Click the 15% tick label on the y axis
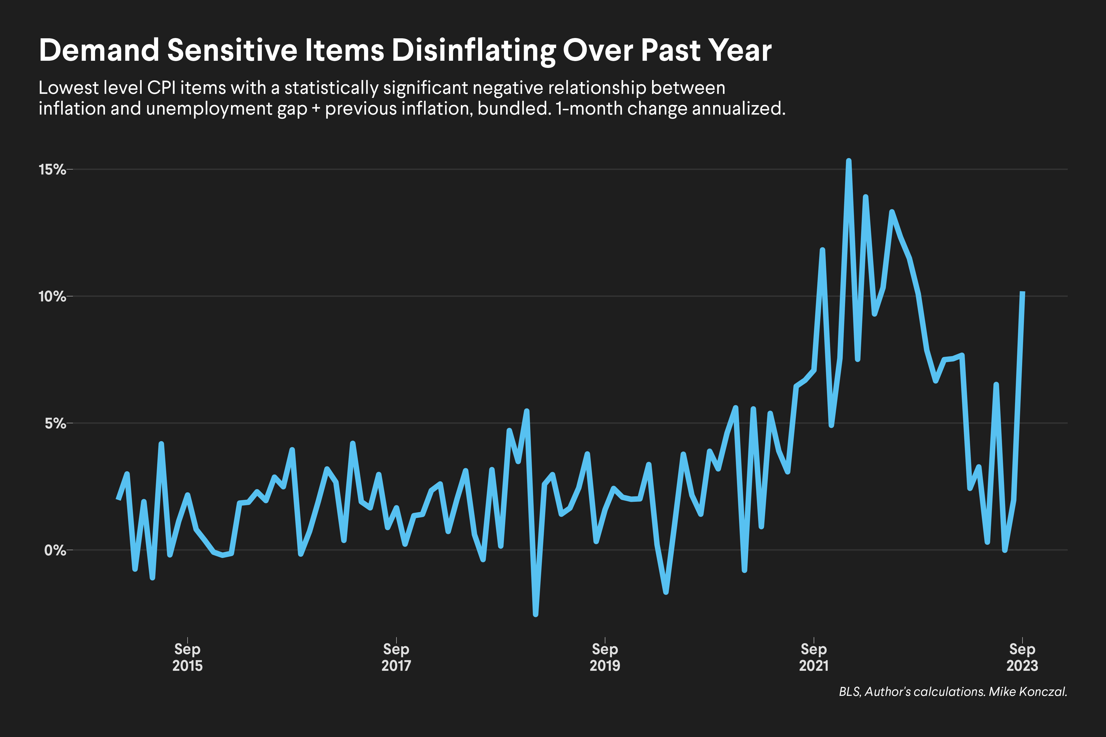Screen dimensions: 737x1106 pos(52,169)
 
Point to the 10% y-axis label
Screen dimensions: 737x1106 pos(52,296)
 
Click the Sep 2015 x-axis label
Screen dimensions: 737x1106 pos(187,657)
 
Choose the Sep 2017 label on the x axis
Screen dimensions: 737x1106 pos(396,657)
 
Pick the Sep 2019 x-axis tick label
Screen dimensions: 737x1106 pos(605,657)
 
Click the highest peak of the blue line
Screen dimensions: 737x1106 pos(849,161)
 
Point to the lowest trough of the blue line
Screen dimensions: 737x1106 pos(536,614)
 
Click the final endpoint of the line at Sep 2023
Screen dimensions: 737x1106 pos(1022,293)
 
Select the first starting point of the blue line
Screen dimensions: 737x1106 pos(118,499)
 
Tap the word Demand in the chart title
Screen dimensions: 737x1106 pos(99,50)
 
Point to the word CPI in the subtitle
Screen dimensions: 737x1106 pos(161,88)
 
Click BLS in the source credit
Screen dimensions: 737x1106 pos(849,692)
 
